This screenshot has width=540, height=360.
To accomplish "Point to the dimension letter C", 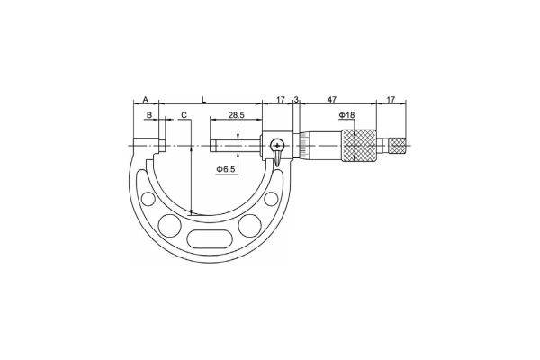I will (183, 115).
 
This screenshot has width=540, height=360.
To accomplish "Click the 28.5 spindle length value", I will (237, 115).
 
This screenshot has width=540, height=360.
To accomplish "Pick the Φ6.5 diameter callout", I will (227, 168).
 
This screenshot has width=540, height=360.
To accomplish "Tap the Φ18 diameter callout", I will (346, 116).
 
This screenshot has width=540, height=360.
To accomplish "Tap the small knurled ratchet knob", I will (397, 144).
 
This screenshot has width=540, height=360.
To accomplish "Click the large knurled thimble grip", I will (358, 144).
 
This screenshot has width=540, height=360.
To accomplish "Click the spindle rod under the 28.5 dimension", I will (236, 145).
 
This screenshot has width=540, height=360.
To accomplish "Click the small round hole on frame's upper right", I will (272, 200).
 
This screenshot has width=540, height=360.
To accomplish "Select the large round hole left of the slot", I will (166, 225).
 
